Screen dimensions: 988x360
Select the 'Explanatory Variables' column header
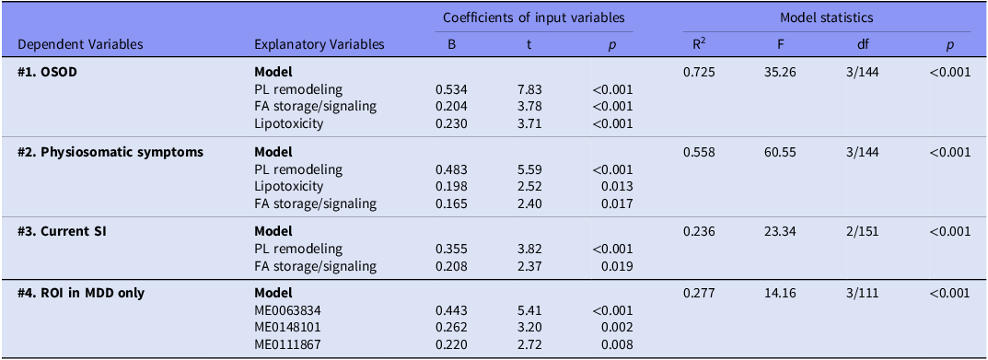click(x=319, y=45)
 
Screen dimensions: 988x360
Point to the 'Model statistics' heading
click(x=827, y=17)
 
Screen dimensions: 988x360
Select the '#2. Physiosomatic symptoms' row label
click(x=110, y=153)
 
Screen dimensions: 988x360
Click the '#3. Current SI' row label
click(x=62, y=232)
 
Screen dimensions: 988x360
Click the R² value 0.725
click(x=700, y=72)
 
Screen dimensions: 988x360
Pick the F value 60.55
click(x=779, y=153)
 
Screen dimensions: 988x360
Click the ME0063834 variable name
click(x=286, y=311)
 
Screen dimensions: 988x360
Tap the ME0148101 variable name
click(x=286, y=328)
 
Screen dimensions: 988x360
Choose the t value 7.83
click(x=529, y=89)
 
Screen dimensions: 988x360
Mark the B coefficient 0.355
click(x=452, y=249)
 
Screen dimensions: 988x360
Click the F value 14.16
click(x=779, y=294)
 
